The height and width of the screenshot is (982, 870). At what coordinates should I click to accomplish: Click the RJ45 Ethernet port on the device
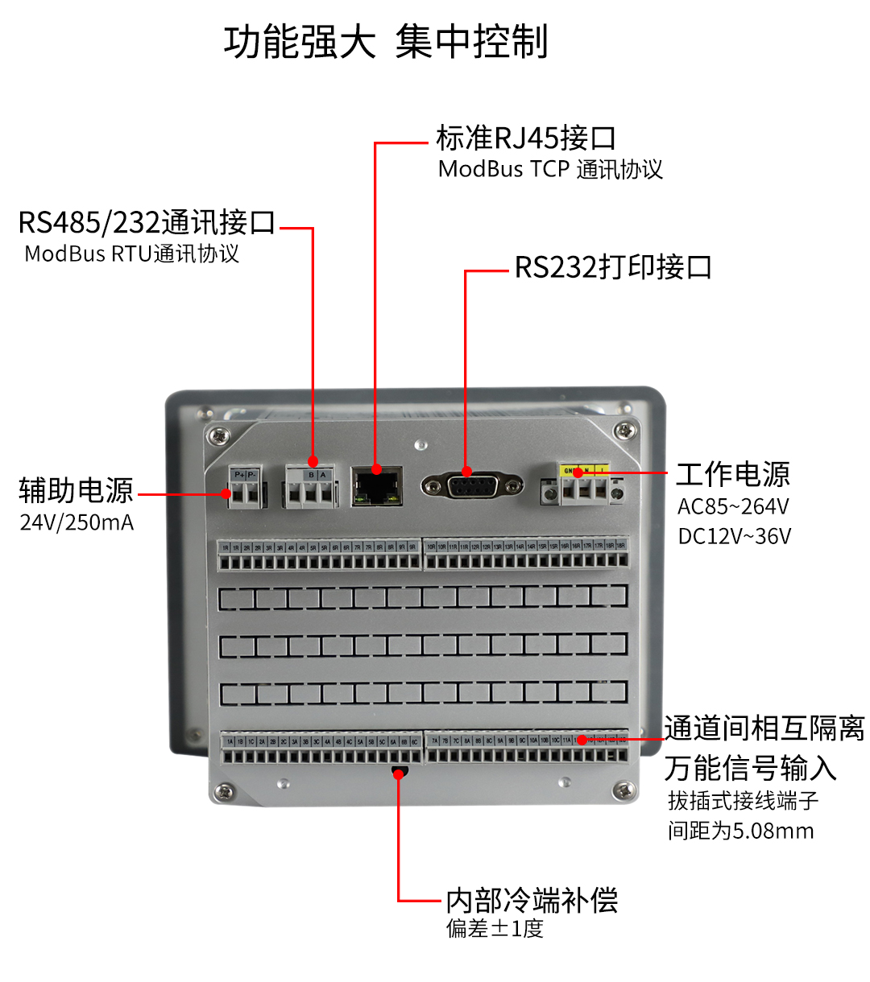377,486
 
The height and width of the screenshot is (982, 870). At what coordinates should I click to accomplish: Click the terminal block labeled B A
310,488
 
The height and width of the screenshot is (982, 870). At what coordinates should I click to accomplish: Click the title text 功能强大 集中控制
386,42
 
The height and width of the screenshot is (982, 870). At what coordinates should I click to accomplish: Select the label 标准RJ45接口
526,138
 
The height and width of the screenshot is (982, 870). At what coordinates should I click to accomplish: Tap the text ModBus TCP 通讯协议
550,170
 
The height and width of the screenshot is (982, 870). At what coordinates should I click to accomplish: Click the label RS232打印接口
613,266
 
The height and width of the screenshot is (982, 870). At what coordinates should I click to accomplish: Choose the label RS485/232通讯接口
147,222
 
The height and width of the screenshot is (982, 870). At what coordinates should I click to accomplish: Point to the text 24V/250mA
77,522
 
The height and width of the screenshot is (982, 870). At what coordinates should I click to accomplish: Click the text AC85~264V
733,506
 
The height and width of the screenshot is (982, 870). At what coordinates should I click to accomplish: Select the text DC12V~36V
735,536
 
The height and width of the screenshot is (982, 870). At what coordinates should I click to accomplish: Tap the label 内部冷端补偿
532,900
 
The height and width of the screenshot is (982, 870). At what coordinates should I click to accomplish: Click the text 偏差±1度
495,929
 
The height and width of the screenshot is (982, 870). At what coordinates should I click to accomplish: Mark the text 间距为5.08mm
740,831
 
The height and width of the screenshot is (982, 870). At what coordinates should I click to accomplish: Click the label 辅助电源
76,489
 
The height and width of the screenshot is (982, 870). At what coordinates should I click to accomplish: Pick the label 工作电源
733,474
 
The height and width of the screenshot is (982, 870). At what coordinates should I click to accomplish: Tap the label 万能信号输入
750,768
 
